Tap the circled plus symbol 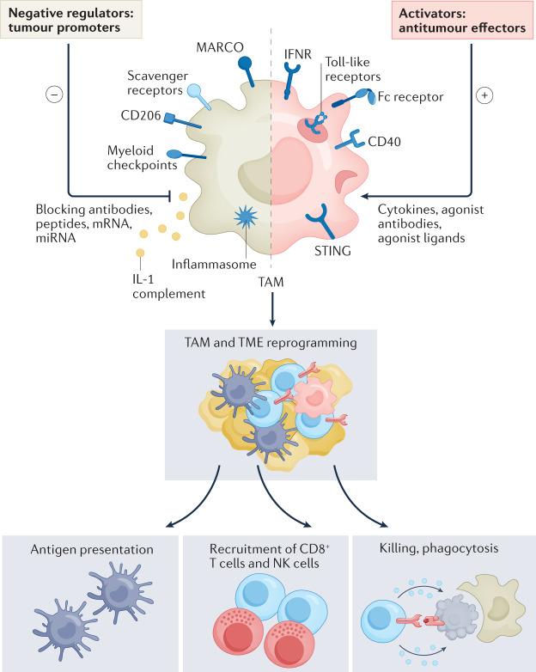(x=484, y=95)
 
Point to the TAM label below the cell (x=271, y=281)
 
